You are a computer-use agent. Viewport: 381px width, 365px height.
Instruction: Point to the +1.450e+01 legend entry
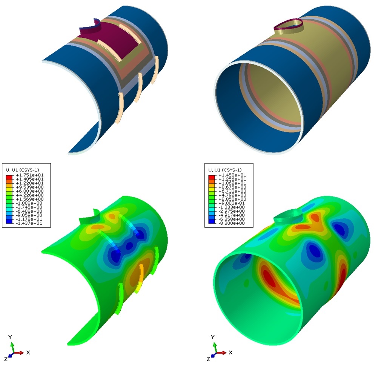(227, 175)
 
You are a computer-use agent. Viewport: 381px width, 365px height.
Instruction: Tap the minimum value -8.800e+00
(227, 223)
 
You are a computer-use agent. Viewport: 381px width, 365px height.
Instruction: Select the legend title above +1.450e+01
(225, 170)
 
